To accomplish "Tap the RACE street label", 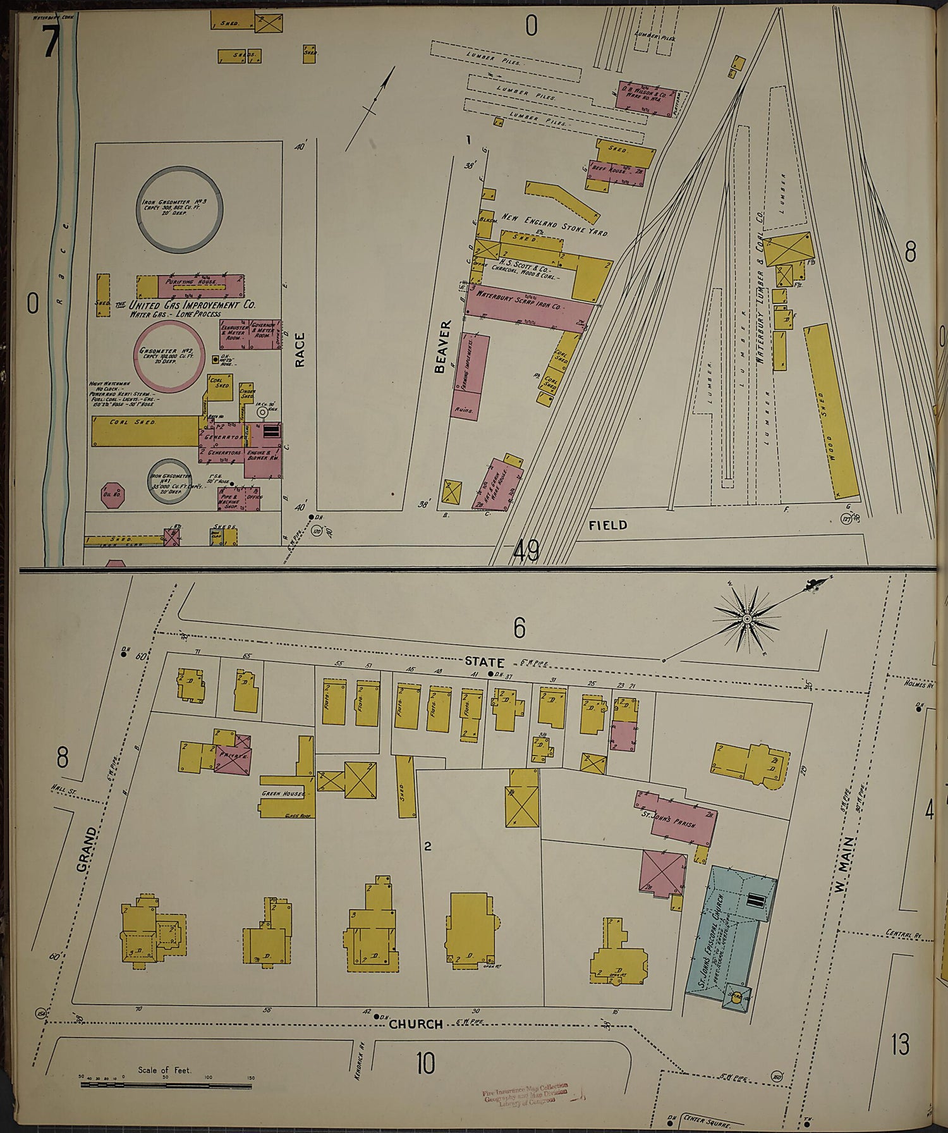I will point(300,350).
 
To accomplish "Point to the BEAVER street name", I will point(443,346).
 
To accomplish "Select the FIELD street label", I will point(607,525).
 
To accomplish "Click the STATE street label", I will point(485,662).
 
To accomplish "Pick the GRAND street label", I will point(87,850).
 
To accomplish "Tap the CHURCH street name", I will point(415,1024).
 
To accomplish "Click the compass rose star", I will point(746,618).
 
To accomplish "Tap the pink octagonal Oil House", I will point(114,495).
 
